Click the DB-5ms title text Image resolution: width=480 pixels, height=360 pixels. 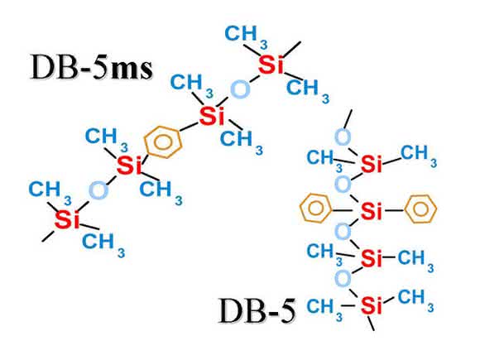(92, 67)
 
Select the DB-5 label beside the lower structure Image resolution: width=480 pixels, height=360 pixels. (257, 310)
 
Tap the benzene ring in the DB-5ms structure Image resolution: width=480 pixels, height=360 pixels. (164, 142)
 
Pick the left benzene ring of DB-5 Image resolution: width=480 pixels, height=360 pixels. (315, 209)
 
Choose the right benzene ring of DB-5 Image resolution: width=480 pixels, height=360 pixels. (421, 209)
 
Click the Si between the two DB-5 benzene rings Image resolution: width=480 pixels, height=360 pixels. (372, 210)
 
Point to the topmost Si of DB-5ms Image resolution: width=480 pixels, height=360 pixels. (271, 65)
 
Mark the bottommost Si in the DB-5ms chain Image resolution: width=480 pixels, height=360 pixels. (67, 219)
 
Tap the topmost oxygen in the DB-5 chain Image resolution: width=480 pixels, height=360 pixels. (343, 137)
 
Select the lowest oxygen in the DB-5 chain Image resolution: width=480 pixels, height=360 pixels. (343, 279)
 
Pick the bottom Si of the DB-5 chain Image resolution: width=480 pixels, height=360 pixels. (372, 305)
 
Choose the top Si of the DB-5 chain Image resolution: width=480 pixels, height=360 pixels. (372, 164)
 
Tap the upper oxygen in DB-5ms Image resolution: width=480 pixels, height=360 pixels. (240, 89)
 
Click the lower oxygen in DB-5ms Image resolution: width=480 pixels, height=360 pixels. (98, 190)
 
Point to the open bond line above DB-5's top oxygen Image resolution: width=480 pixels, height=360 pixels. (348, 119)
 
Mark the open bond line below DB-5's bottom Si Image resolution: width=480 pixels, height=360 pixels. (371, 323)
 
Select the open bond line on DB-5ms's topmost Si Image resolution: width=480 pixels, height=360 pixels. (291, 49)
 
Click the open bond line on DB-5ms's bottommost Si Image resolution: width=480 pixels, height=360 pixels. (48, 236)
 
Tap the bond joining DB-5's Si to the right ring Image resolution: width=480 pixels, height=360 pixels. (395, 210)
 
